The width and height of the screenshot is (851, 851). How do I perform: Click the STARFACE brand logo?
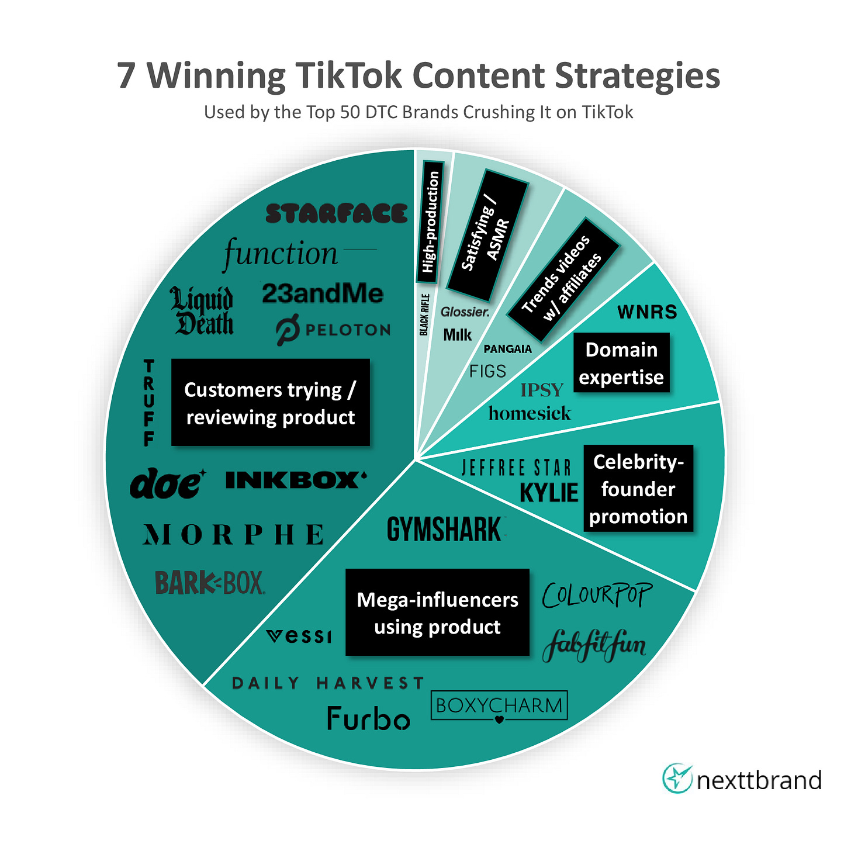click(336, 213)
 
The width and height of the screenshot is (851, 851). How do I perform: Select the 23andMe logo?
click(323, 293)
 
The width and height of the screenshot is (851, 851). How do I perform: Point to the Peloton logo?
click(333, 330)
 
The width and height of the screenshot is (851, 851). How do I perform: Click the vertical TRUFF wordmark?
click(150, 403)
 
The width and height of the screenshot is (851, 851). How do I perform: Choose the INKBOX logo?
click(296, 480)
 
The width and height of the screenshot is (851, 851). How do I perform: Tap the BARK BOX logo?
click(210, 583)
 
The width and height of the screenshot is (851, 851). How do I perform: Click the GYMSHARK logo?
click(445, 530)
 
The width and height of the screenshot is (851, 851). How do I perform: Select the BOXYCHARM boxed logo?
click(499, 706)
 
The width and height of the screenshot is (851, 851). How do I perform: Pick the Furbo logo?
click(368, 718)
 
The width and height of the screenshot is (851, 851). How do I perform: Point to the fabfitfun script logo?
click(594, 646)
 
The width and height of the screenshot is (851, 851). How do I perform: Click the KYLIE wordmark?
click(549, 493)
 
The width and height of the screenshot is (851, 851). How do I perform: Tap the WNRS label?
click(647, 312)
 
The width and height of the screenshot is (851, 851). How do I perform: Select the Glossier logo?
click(465, 312)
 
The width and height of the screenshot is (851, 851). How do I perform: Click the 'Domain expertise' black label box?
click(621, 363)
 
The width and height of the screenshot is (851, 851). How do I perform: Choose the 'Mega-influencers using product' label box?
click(437, 613)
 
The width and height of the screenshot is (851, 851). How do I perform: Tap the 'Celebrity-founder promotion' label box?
click(638, 489)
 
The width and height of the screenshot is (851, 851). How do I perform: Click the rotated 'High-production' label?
click(430, 222)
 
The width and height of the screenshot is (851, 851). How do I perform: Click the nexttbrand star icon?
click(677, 779)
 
